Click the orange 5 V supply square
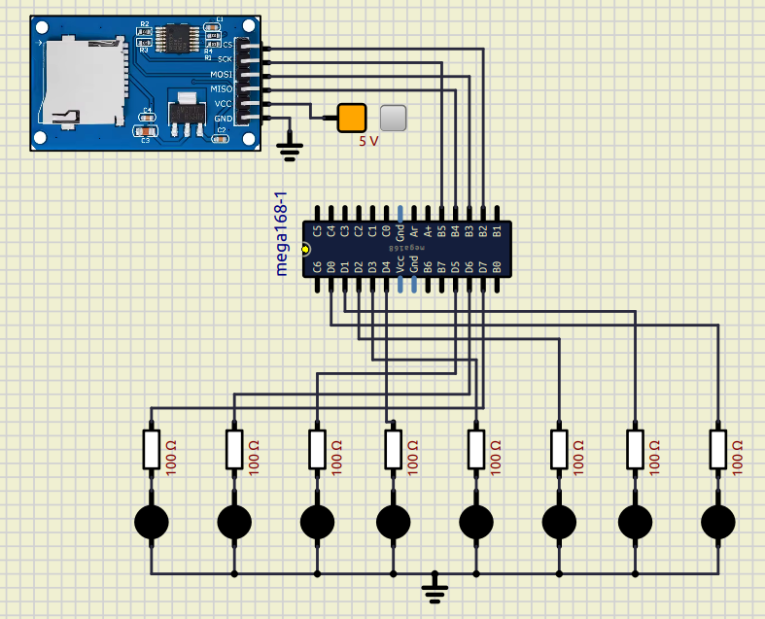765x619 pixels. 352,118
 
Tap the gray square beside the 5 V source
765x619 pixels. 393,118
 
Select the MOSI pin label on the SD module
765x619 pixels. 222,74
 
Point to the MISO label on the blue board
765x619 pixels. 222,88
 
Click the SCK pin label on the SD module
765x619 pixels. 225,59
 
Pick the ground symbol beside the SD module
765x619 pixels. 290,148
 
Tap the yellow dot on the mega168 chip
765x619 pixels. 305,249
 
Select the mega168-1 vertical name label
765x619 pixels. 282,239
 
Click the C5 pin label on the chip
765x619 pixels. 318,231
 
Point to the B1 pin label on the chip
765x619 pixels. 496,231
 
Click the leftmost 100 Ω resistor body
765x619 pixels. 151,449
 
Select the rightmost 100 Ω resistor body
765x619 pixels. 718,449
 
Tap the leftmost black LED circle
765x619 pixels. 151,523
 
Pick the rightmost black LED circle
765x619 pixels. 718,523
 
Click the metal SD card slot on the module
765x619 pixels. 83,83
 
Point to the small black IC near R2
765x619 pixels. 176,39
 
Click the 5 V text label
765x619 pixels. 368,141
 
